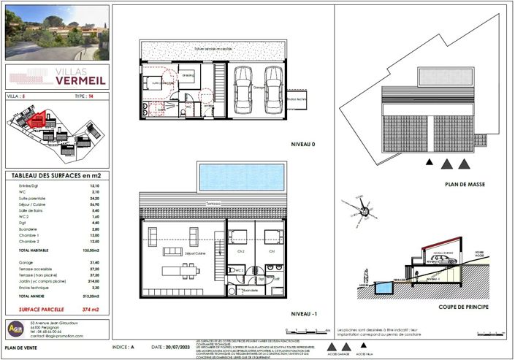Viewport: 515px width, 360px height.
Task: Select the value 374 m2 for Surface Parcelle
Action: [89, 309]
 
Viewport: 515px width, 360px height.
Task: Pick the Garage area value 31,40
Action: [94, 262]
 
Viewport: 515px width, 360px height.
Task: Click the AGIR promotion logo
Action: [15, 329]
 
